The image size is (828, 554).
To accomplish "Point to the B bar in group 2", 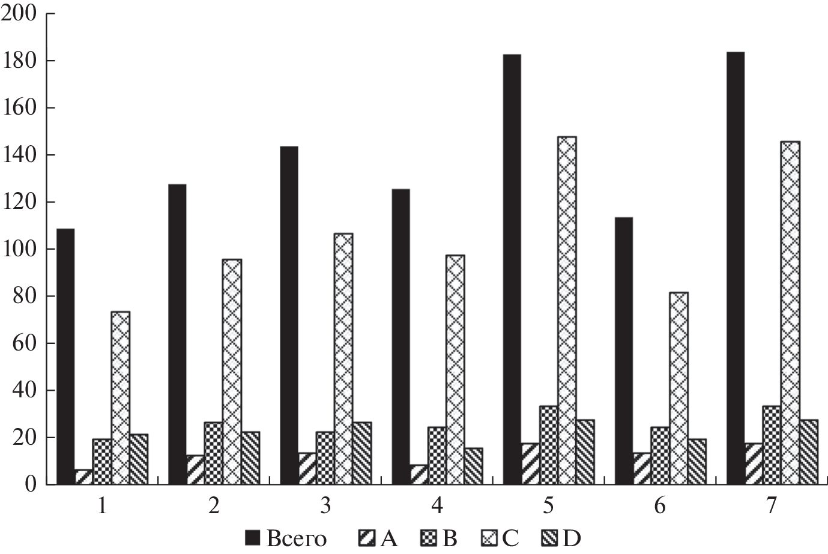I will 213,453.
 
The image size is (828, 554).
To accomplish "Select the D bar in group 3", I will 362,453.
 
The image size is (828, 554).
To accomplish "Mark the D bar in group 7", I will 809,452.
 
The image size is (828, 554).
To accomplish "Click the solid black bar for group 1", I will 65,357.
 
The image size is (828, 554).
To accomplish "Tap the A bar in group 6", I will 642,468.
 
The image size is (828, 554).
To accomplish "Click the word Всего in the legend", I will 297,539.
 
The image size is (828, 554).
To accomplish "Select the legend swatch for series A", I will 367,538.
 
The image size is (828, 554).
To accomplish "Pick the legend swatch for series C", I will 489,538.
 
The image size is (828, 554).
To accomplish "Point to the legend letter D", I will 573,539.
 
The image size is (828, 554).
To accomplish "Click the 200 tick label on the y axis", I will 19,14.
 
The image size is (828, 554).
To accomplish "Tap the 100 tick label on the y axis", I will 19,249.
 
